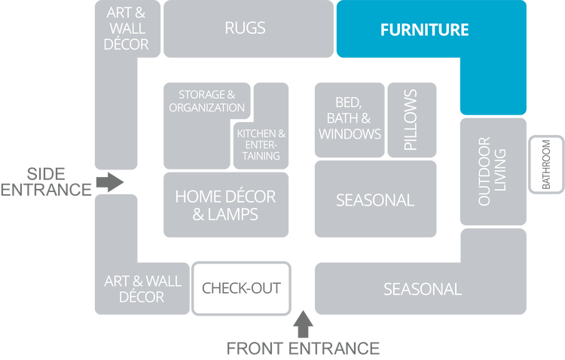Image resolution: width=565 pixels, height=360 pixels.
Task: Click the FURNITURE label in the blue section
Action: click(x=424, y=30)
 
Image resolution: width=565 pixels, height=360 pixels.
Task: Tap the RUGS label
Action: click(x=245, y=29)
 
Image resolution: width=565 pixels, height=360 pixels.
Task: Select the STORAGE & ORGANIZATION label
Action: click(x=206, y=101)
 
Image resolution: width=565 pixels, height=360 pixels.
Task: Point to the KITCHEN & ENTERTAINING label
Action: click(x=261, y=145)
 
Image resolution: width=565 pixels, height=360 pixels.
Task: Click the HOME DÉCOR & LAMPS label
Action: click(x=225, y=205)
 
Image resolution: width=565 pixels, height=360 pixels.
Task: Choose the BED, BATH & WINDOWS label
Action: click(x=350, y=118)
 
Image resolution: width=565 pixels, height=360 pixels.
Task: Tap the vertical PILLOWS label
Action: click(x=411, y=120)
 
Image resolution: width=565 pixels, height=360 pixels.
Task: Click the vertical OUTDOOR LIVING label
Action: click(x=492, y=171)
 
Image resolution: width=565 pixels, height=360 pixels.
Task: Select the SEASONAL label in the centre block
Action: click(x=375, y=200)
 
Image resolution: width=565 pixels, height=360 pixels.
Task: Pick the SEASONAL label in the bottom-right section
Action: click(x=422, y=288)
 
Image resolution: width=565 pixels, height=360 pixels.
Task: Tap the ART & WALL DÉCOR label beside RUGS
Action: click(x=127, y=29)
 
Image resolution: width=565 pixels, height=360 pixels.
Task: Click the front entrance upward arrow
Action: click(x=303, y=323)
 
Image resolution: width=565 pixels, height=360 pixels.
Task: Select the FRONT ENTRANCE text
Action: click(x=303, y=349)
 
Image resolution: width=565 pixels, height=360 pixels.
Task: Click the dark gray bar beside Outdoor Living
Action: click(x=548, y=163)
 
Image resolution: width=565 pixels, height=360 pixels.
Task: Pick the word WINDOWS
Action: click(x=350, y=134)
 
